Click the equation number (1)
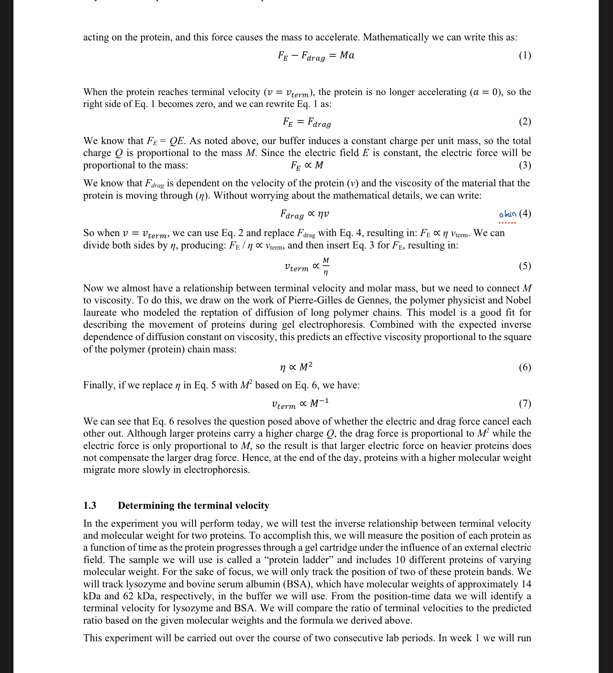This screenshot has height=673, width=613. (525, 55)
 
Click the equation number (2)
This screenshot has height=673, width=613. (525, 121)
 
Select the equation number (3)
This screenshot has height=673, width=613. (525, 165)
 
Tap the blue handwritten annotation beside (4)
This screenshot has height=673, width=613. (508, 214)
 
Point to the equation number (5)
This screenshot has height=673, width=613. (525, 266)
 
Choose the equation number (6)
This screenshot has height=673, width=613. (525, 367)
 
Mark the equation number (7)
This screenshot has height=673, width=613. (525, 403)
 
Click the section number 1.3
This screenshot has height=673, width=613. (90, 505)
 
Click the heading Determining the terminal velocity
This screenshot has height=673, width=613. (193, 505)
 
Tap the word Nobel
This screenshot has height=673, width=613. (518, 300)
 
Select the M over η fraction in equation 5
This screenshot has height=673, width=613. (326, 266)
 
